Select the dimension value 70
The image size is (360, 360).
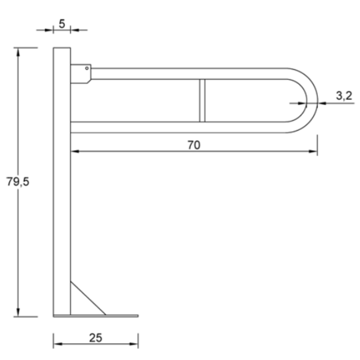[x=193, y=146]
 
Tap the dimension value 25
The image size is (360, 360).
[x=96, y=338]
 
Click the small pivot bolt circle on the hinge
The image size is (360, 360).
[x=87, y=66]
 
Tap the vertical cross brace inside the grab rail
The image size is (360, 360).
[x=202, y=100]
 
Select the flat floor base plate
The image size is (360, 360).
[x=96, y=316]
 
